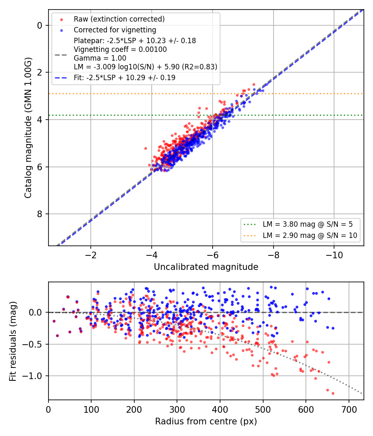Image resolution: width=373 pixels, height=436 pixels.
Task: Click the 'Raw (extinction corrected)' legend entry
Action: (x=119, y=19)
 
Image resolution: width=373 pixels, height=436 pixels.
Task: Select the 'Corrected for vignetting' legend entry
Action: (x=115, y=30)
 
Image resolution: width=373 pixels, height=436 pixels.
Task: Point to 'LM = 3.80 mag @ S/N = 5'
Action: (x=308, y=224)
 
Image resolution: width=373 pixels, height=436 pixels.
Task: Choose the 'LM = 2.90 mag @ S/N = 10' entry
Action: (x=310, y=235)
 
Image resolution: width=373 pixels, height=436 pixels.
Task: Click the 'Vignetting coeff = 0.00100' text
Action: (x=120, y=49)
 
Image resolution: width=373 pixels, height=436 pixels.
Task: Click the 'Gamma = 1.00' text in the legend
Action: (x=100, y=58)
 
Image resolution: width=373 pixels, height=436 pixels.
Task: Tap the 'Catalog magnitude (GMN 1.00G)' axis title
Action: (x=28, y=128)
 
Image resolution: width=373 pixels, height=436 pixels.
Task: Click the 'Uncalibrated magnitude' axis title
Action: (x=206, y=267)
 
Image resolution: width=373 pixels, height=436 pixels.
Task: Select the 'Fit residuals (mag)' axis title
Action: (x=13, y=341)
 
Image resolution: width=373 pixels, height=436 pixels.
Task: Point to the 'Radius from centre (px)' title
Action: (x=206, y=421)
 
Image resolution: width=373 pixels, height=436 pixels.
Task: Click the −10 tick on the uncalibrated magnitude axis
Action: (x=334, y=255)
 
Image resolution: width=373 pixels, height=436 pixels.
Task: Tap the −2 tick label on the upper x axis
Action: (x=90, y=255)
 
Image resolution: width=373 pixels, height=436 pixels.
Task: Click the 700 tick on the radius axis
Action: (x=349, y=409)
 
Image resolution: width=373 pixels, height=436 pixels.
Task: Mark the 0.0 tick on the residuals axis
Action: (x=36, y=312)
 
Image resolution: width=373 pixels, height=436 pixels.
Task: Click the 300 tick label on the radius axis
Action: (x=177, y=409)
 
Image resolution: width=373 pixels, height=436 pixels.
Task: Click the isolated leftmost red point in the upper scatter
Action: (x=145, y=149)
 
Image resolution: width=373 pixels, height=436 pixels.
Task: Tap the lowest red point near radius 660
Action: (x=333, y=394)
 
